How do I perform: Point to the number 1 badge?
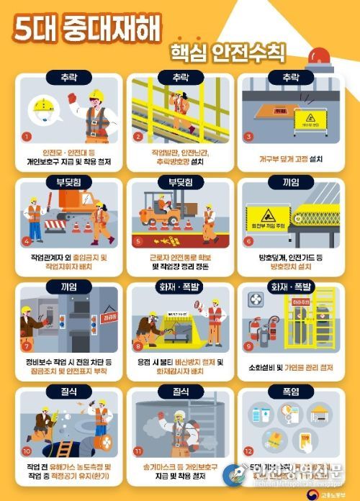pos(27,135)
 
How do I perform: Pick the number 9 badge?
pos(248,346)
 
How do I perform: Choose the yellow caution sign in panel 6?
pos(265,215)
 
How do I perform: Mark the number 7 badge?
pos(27,346)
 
